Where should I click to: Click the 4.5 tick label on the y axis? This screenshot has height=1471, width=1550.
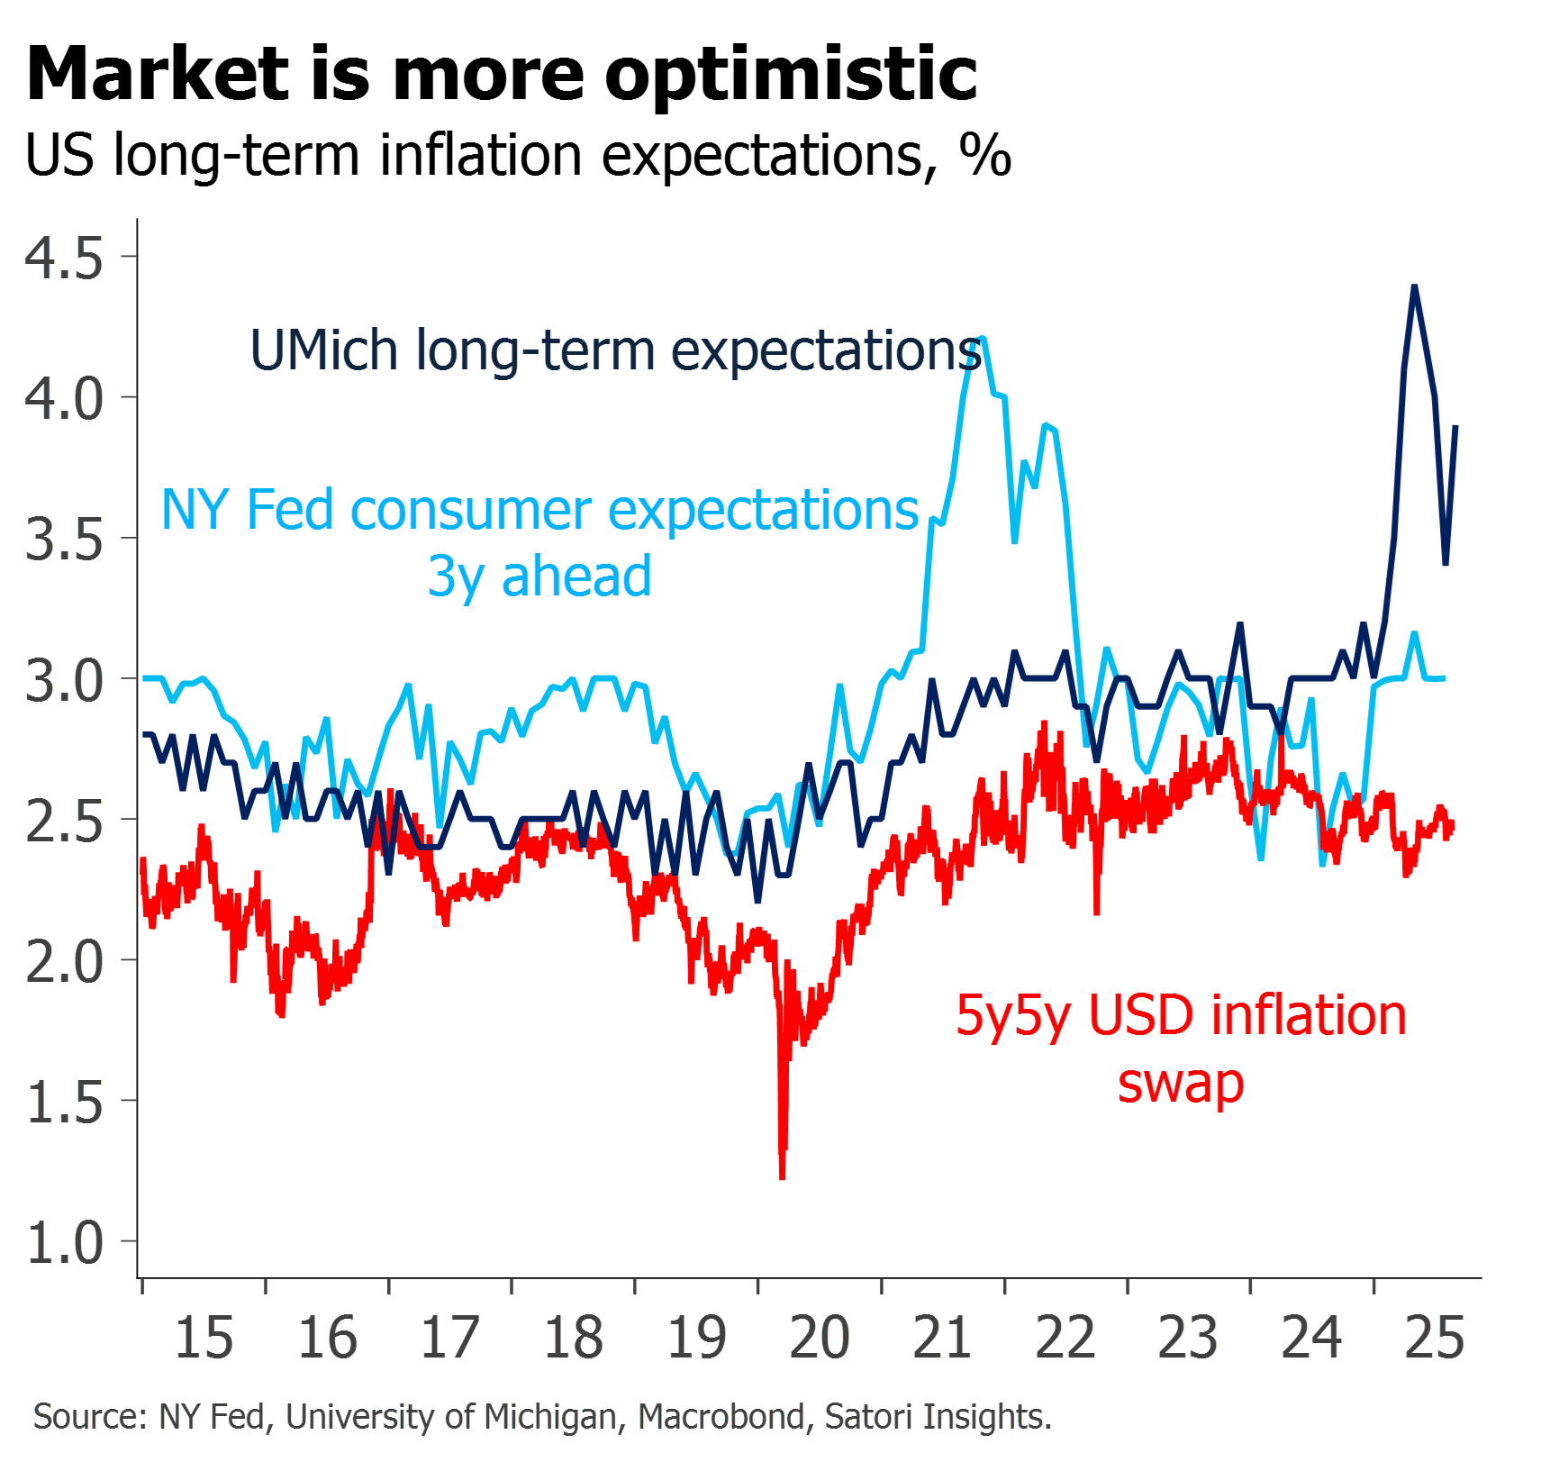tap(63, 259)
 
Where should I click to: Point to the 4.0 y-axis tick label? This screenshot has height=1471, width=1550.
tap(63, 399)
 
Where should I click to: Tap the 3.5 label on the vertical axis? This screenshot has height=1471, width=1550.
tap(63, 540)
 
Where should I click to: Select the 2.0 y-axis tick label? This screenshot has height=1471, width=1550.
tap(63, 962)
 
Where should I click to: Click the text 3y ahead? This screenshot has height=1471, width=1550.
tap(539, 577)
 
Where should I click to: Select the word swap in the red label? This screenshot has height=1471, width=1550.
tap(1181, 1084)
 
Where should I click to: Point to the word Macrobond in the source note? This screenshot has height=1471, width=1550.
tap(721, 1417)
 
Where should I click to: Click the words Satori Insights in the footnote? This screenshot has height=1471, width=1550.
tap(938, 1417)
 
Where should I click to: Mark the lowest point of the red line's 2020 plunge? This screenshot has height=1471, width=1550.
tap(783, 1176)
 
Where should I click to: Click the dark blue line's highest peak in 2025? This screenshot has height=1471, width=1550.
tap(1415, 286)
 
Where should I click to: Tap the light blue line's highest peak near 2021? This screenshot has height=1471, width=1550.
tap(983, 338)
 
